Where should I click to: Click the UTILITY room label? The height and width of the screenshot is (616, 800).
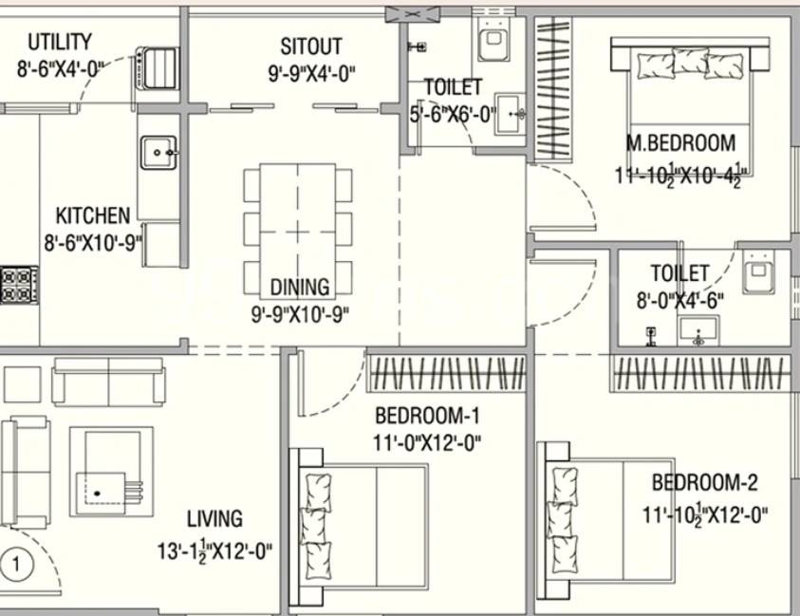[x=60, y=42]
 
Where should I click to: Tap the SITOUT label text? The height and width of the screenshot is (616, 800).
[x=310, y=47]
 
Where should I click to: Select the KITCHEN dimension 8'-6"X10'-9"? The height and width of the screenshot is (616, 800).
[x=93, y=243]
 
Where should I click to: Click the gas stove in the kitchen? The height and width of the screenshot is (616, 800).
[x=19, y=286]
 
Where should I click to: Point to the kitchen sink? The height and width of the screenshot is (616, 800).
[x=158, y=152]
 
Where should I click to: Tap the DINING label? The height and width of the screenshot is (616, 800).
[x=300, y=287]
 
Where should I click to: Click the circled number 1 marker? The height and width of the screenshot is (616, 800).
[x=16, y=565]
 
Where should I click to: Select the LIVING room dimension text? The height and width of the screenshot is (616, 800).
[x=214, y=551]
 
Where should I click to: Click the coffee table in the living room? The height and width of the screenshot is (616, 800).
[x=111, y=472]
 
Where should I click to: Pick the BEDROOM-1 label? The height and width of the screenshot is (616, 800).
[x=427, y=416]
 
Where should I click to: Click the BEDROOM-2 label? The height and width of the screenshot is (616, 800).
[x=705, y=482]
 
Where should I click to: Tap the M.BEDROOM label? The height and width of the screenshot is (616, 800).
[x=680, y=143]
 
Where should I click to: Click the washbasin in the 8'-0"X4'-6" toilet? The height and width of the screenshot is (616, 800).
[x=698, y=330]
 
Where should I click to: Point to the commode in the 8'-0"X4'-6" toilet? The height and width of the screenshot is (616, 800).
[x=758, y=272]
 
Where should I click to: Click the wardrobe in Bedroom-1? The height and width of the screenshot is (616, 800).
[x=446, y=373]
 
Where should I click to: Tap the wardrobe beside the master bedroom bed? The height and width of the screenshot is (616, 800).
[x=553, y=88]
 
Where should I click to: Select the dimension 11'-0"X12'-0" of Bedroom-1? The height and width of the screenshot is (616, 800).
[x=427, y=442]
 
